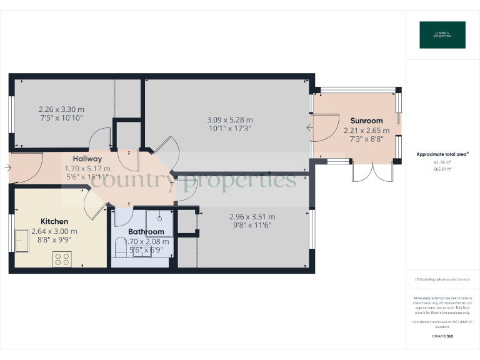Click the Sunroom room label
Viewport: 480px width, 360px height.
click(x=366, y=121)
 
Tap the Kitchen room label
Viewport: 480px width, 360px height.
click(x=54, y=221)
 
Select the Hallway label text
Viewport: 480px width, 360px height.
click(x=87, y=159)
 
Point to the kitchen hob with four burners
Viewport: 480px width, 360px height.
click(x=62, y=259)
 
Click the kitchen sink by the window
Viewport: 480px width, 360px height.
click(x=22, y=241)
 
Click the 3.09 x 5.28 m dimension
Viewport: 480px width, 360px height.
click(x=230, y=120)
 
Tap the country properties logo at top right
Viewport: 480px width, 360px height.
click(x=442, y=35)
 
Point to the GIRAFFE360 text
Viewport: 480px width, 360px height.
click(x=442, y=336)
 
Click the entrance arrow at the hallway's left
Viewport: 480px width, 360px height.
click(x=7, y=167)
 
